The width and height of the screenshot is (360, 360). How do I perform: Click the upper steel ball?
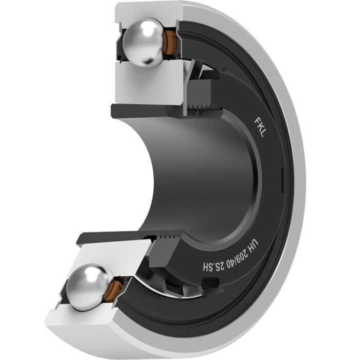pos(143,43)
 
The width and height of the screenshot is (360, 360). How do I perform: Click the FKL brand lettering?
pos(260,128)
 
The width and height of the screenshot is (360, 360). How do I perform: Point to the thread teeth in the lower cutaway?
pos(168,237)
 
